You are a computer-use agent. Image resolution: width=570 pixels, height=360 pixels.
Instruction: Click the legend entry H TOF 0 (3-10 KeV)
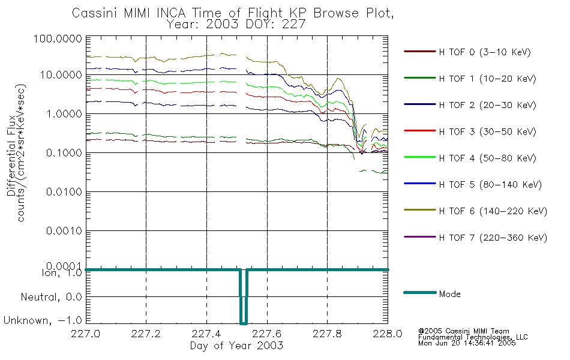click(485, 52)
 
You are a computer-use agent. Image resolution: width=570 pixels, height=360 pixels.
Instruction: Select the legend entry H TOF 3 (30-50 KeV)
click(487, 131)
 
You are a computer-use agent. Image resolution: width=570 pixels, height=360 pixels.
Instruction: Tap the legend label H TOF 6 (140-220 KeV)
click(493, 211)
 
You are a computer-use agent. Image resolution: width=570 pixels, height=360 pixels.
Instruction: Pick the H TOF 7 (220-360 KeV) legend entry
click(493, 238)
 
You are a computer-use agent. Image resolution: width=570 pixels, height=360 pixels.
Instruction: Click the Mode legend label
click(449, 294)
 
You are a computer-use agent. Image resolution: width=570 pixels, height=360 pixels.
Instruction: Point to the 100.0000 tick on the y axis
click(58, 38)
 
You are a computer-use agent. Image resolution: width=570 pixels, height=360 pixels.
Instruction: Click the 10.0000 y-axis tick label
click(61, 75)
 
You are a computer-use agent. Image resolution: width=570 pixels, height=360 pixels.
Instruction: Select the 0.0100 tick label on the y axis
click(64, 191)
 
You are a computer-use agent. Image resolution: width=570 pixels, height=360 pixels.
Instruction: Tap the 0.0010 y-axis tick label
click(64, 230)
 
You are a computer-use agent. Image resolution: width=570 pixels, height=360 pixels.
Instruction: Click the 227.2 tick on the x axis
click(146, 334)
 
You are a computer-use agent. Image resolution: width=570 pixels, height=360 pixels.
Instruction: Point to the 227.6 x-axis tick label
click(267, 334)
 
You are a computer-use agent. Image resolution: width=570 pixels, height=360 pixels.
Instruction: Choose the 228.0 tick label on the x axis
click(388, 334)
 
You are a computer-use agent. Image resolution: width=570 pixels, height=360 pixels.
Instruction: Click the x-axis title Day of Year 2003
click(236, 346)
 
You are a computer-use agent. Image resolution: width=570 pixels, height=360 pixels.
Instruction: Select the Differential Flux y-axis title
click(11, 155)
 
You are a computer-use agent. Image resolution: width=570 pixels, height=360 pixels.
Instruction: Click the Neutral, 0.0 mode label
click(51, 297)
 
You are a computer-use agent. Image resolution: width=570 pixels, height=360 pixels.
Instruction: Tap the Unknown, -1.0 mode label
click(43, 320)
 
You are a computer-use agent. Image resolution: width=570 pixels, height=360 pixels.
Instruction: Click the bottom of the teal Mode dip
click(244, 323)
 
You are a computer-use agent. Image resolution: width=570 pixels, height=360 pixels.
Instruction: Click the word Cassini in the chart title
click(95, 13)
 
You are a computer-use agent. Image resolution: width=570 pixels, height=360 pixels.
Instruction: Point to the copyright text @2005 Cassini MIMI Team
click(463, 331)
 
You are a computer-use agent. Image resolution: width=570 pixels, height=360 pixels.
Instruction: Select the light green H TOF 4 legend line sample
click(420, 157)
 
